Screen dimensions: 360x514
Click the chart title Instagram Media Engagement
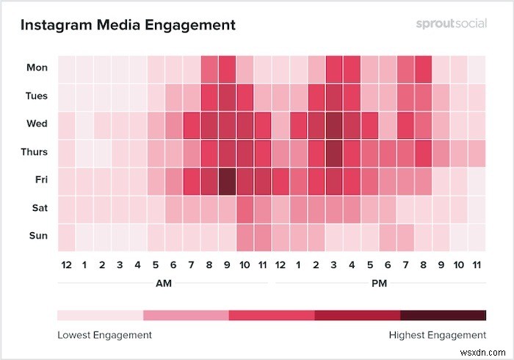[x=128, y=25]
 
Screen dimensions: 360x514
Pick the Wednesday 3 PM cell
[x=334, y=124]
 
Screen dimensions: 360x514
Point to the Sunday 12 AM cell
[x=66, y=236]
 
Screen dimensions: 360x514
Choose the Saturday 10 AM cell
[x=245, y=208]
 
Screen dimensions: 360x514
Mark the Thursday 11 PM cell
[x=477, y=152]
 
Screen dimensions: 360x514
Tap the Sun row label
[x=37, y=236]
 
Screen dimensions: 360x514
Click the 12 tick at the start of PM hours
[x=280, y=264]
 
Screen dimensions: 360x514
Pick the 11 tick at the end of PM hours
[x=477, y=264]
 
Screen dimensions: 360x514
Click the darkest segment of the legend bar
[x=443, y=315]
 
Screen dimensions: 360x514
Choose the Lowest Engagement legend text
[x=104, y=335]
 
